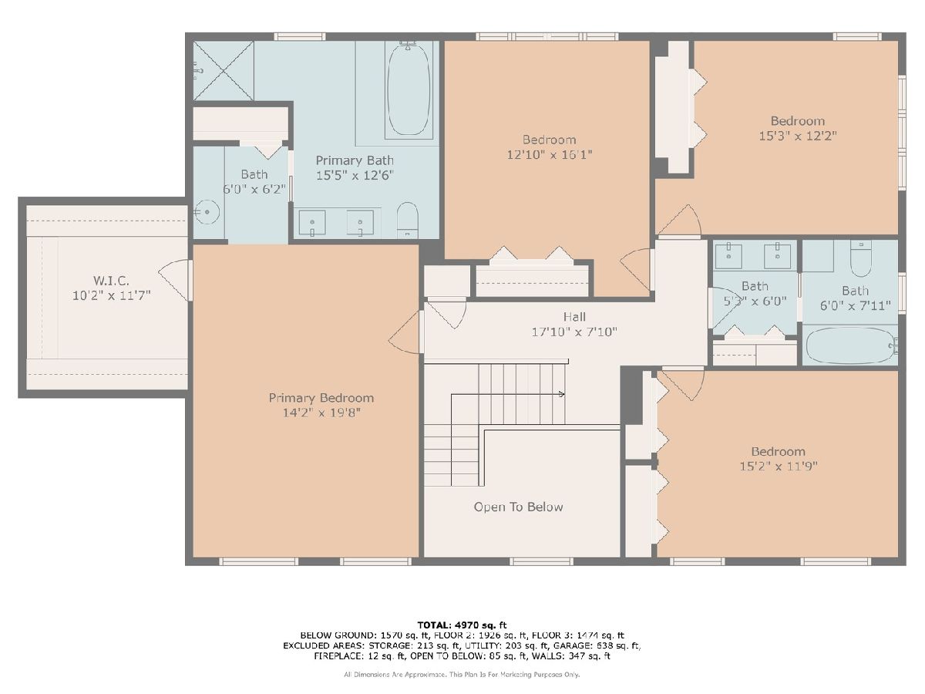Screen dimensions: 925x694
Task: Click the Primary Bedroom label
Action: click(321, 398)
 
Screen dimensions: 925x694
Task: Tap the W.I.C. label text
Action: click(111, 281)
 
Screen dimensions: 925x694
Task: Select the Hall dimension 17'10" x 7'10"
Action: click(574, 332)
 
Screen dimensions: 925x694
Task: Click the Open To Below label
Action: click(518, 507)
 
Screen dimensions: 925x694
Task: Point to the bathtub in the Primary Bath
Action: click(409, 89)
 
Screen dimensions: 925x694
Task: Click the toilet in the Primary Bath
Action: click(408, 220)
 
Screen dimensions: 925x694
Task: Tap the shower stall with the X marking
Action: click(224, 71)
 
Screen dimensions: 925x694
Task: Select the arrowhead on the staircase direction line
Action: click(561, 394)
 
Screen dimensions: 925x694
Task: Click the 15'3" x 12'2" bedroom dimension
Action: click(798, 136)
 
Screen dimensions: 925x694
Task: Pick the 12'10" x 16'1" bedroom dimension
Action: click(549, 155)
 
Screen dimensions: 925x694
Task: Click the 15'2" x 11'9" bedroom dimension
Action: click(779, 466)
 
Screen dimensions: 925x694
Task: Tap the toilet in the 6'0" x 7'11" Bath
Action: click(860, 258)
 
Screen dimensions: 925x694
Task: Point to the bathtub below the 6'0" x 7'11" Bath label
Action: click(851, 345)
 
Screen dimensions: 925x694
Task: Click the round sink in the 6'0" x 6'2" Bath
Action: click(207, 212)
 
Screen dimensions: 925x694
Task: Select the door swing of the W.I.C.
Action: click(174, 280)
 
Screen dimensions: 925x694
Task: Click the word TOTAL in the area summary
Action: click(434, 625)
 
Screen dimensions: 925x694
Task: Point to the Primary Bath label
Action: click(355, 160)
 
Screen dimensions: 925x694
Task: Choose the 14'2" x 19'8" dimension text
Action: click(321, 413)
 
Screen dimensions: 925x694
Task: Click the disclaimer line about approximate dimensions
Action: click(462, 675)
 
